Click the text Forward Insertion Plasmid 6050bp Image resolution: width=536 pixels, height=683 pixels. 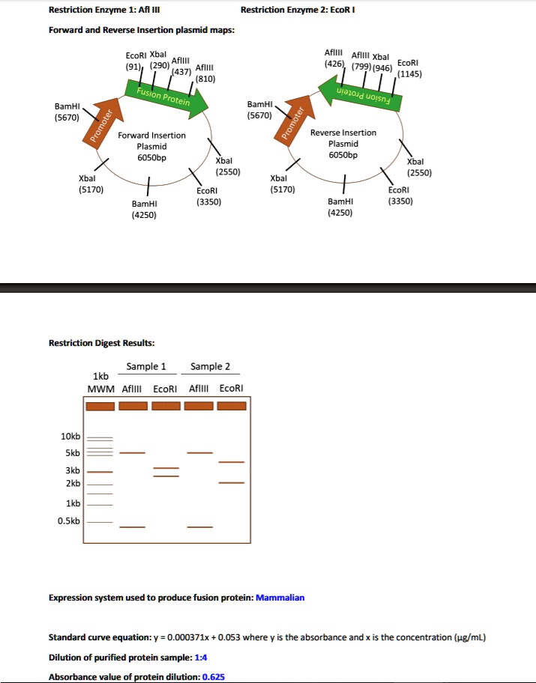(x=152, y=147)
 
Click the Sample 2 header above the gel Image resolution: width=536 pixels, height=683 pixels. (x=211, y=366)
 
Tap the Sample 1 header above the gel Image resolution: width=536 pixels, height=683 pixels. (x=146, y=366)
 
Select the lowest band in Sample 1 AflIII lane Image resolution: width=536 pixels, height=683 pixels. (x=132, y=527)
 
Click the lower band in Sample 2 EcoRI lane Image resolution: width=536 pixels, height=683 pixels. (x=231, y=483)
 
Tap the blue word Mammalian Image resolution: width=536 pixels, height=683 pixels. (x=280, y=598)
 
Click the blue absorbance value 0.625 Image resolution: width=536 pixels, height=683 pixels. (x=213, y=676)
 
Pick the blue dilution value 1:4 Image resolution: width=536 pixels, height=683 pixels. (x=201, y=657)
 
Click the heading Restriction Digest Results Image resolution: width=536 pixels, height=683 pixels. (x=102, y=342)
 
